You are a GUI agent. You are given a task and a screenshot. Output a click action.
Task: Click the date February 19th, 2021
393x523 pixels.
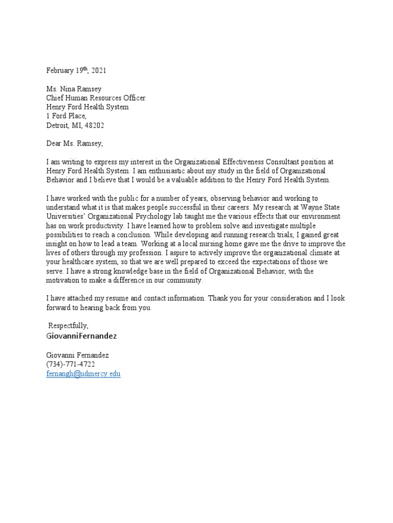coord(76,70)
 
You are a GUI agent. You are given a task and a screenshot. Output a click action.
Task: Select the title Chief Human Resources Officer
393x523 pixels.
coord(96,98)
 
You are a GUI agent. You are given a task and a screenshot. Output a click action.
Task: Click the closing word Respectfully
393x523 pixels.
coord(69,325)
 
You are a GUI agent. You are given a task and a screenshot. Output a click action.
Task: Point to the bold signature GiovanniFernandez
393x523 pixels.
coord(81,336)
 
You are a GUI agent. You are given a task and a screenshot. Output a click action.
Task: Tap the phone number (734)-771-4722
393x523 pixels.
coord(71,364)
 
